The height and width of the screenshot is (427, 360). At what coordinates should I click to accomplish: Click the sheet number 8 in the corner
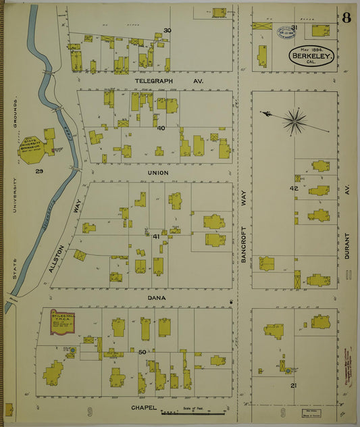[346, 18]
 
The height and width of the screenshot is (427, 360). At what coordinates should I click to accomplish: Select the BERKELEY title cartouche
[311, 56]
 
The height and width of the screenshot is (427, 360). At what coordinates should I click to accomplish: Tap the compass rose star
[294, 122]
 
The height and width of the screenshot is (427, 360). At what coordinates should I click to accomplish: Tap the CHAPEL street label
[144, 407]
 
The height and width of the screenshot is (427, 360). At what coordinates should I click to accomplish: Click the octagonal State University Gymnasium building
[34, 145]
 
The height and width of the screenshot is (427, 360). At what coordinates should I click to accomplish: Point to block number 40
[161, 128]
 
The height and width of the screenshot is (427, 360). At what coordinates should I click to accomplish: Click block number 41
[156, 236]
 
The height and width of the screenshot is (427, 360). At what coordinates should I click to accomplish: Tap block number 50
[142, 352]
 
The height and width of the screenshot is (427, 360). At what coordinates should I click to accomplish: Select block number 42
[294, 188]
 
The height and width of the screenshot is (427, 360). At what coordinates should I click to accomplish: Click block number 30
[167, 30]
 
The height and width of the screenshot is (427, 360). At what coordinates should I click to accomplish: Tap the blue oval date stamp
[286, 33]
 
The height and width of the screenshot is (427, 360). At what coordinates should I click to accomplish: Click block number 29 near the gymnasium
[39, 172]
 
